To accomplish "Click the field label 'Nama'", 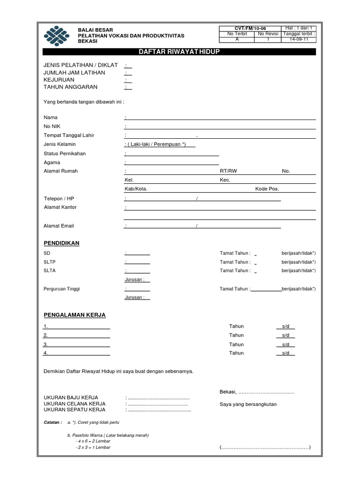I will pyautogui.click(x=51, y=117).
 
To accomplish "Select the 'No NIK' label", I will pyautogui.click(x=52, y=127).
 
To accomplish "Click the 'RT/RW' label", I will pyautogui.click(x=228, y=171).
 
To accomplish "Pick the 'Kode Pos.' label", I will pyautogui.click(x=267, y=189).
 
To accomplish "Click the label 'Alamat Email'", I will pyautogui.click(x=59, y=226).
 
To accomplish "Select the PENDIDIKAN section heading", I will pyautogui.click(x=61, y=243).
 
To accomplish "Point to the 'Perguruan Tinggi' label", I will pyautogui.click(x=62, y=289).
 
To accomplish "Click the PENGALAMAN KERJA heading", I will pyautogui.click(x=75, y=315).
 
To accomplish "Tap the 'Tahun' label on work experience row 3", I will pyautogui.click(x=236, y=345).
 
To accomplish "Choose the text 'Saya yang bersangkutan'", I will pyautogui.click(x=248, y=404).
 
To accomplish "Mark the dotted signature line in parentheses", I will pyautogui.click(x=265, y=447).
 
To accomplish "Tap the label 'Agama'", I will pyautogui.click(x=52, y=162).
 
